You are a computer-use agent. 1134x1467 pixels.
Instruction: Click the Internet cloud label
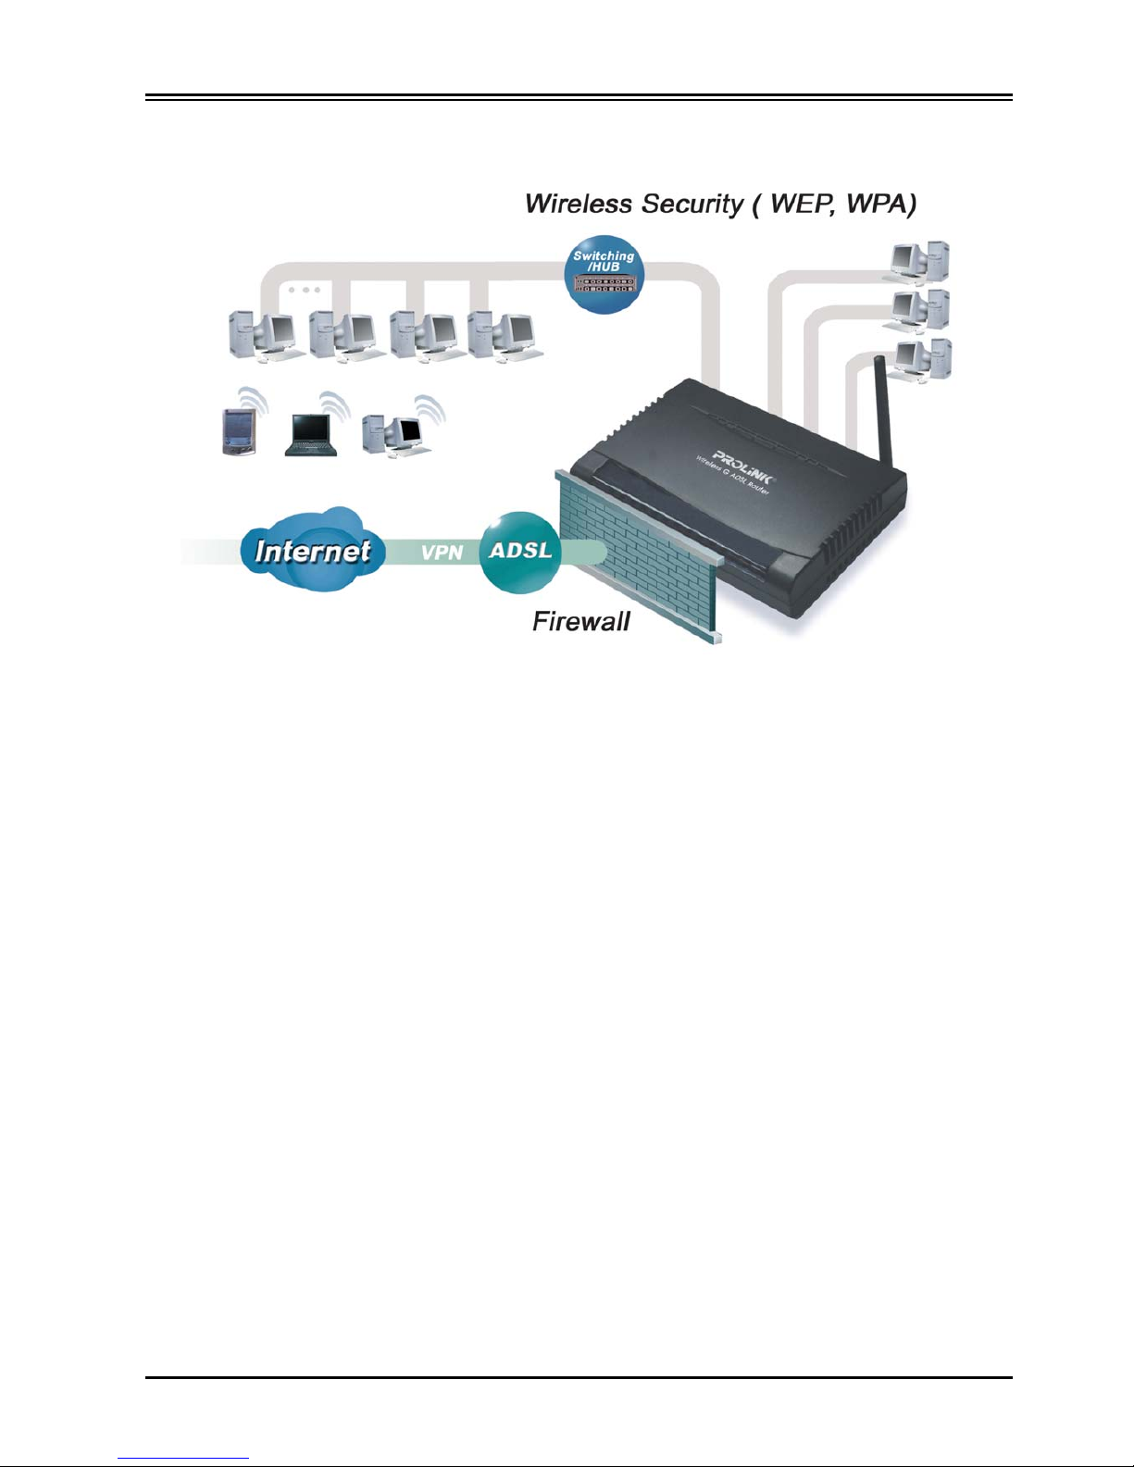coord(313,551)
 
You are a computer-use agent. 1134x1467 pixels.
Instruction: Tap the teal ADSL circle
coord(520,552)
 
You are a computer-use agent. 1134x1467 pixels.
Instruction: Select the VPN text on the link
coord(442,553)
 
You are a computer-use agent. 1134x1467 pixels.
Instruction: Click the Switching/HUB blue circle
coord(604,274)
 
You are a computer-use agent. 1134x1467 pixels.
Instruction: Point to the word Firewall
coord(581,621)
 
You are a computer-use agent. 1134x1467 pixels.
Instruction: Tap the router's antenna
coord(884,412)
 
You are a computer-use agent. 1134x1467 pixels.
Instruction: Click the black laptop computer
coord(311,435)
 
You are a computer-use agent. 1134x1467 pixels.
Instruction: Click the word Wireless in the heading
coord(579,204)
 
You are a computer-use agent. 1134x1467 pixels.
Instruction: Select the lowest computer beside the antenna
coord(922,361)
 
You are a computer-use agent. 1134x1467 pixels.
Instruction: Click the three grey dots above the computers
coord(305,290)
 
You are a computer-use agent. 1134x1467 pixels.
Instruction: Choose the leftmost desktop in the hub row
coord(263,336)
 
